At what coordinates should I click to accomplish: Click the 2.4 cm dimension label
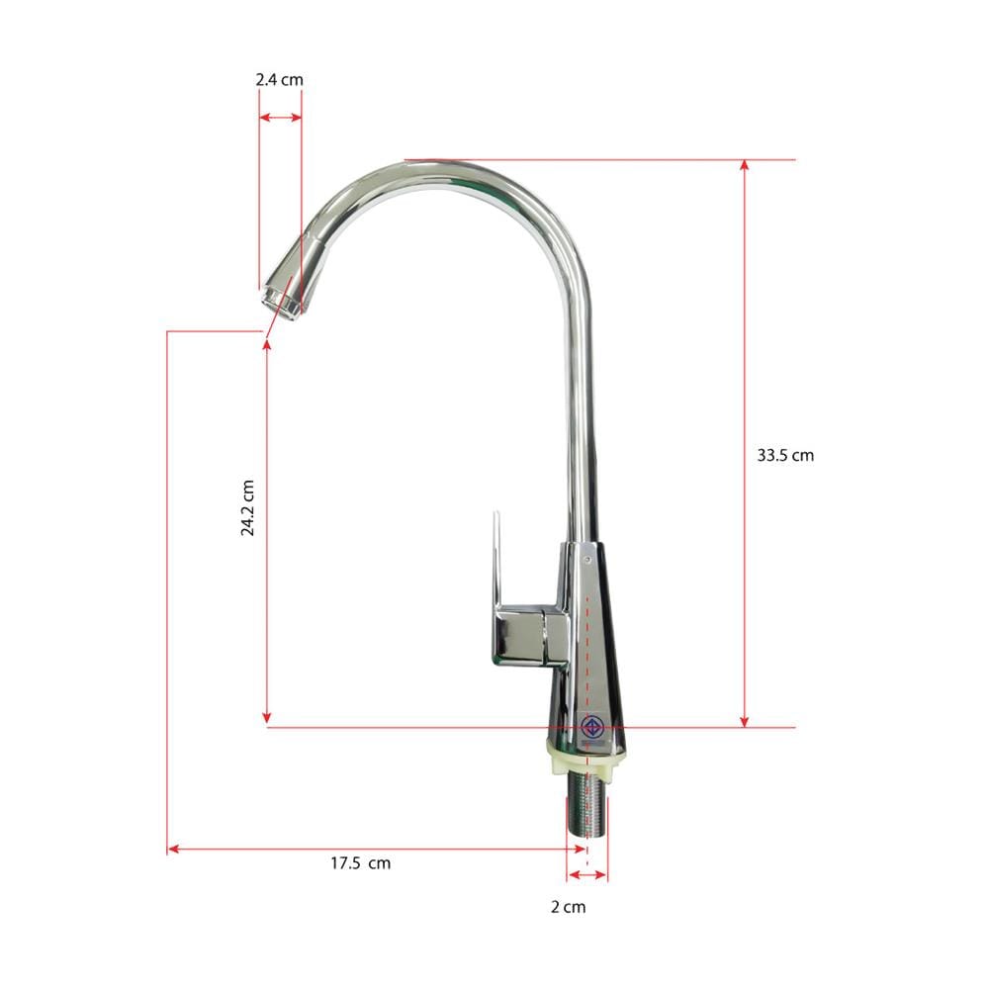[x=280, y=80]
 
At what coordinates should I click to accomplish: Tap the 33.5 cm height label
[x=785, y=455]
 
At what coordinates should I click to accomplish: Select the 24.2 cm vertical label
[x=247, y=507]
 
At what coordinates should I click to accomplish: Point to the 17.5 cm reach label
[x=360, y=862]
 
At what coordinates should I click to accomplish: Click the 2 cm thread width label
[x=568, y=907]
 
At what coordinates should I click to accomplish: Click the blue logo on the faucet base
[x=592, y=727]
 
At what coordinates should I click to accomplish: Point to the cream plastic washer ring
[x=585, y=755]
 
